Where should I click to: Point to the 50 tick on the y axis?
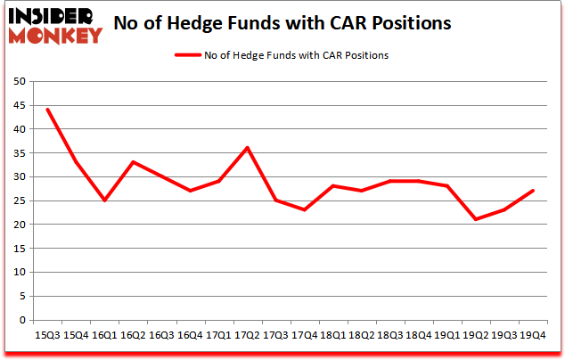click(x=20, y=82)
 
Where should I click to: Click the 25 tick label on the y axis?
click(x=20, y=200)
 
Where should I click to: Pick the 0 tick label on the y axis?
click(x=23, y=320)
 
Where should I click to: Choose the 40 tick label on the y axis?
click(x=20, y=129)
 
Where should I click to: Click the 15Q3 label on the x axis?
click(x=47, y=334)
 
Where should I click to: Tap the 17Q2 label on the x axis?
click(x=246, y=334)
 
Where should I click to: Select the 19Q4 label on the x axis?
click(x=533, y=334)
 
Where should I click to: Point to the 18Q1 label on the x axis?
click(x=332, y=334)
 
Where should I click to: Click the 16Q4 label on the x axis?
click(x=190, y=334)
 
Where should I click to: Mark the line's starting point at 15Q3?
click(x=47, y=110)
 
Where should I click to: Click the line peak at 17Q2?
click(x=247, y=148)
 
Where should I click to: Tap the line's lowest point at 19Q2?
click(x=476, y=219)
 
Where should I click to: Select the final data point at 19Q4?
click(x=533, y=191)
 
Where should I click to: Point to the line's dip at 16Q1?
click(x=104, y=200)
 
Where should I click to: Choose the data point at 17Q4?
click(x=304, y=209)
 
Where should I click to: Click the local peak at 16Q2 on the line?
click(x=133, y=162)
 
